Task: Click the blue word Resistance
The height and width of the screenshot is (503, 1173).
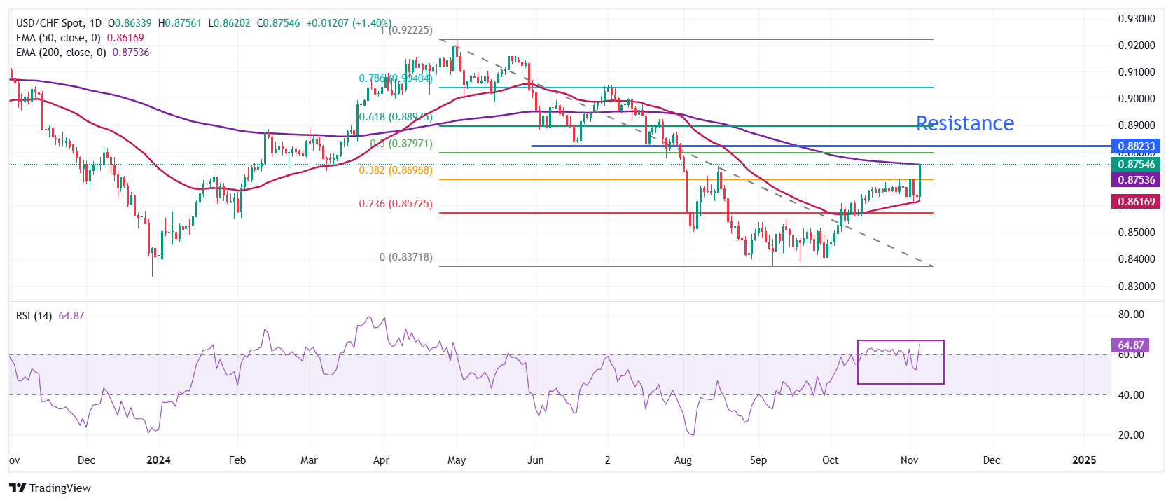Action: coord(964,123)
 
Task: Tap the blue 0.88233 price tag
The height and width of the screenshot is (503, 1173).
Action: coord(1136,146)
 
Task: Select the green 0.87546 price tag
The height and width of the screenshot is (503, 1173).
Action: coord(1136,165)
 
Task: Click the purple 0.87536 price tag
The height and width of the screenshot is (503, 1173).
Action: coord(1136,180)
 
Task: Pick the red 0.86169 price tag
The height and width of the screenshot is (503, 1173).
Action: coord(1136,202)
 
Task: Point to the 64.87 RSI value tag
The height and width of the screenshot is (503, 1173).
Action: coord(1130,345)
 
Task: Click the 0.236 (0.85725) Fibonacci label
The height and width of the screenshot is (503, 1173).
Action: coord(395,204)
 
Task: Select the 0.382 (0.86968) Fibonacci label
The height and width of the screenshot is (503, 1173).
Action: coord(395,170)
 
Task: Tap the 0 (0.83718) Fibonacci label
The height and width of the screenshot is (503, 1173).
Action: coord(405,257)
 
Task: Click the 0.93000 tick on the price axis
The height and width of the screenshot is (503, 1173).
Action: coord(1136,19)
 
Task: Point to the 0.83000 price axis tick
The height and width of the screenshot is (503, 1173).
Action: coord(1136,286)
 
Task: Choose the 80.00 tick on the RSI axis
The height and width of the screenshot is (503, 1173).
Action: coord(1131,315)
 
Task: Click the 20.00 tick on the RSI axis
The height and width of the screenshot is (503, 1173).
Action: coord(1131,434)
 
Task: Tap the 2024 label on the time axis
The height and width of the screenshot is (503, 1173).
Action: coord(159,460)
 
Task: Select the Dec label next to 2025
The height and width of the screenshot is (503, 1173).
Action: coord(991,460)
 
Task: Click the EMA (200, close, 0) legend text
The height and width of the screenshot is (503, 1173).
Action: coord(61,53)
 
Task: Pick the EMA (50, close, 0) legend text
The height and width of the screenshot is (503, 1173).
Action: coord(58,38)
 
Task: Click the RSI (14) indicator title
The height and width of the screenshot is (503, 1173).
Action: coord(34,316)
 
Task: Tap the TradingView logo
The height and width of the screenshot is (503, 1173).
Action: coord(50,488)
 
